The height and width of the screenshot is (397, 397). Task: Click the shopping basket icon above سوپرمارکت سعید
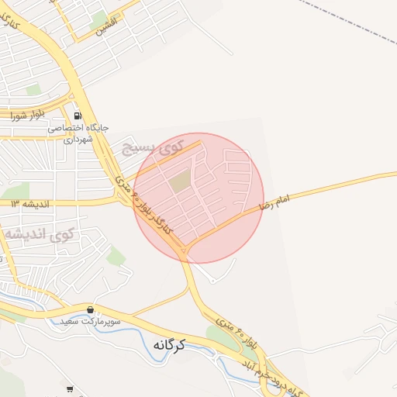point(91,309)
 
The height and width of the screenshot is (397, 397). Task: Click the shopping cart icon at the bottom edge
point(71,389)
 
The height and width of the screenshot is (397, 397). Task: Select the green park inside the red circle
point(181,182)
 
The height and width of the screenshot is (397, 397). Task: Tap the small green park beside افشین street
point(99,22)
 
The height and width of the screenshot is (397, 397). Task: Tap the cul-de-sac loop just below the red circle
point(212,280)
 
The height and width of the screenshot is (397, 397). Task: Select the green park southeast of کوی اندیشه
point(116,256)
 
